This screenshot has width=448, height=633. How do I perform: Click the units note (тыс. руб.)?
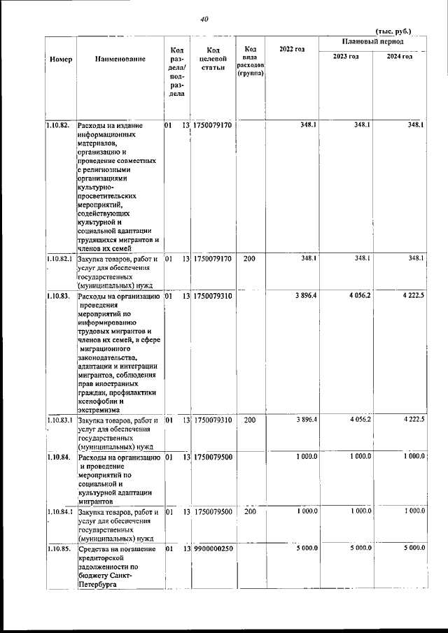pyautogui.click(x=393, y=31)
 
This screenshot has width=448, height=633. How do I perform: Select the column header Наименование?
pyautogui.click(x=120, y=59)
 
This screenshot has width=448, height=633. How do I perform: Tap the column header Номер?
pyautogui.click(x=62, y=59)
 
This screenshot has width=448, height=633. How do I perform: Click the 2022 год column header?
pyautogui.click(x=291, y=48)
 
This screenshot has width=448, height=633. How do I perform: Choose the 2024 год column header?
pyautogui.click(x=399, y=56)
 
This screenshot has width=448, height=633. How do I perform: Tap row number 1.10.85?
pyautogui.click(x=58, y=548)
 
